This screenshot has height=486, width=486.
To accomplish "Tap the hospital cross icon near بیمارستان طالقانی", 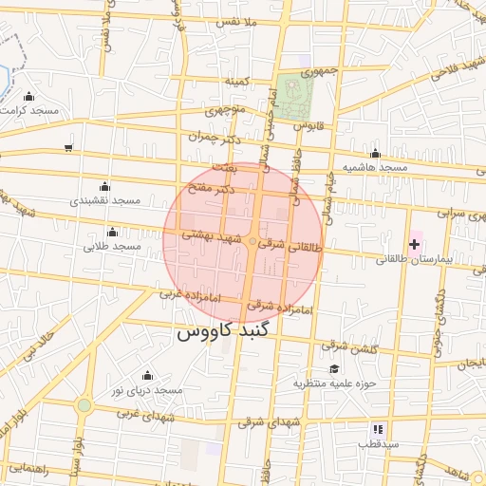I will pyautogui.click(x=414, y=245).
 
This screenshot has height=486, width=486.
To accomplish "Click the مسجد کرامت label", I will pyautogui.click(x=30, y=110).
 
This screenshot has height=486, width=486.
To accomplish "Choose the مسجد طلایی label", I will pyautogui.click(x=113, y=247).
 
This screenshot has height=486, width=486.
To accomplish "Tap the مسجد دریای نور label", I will pyautogui.click(x=143, y=391).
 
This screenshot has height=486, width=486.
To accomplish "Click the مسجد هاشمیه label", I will pyautogui.click(x=376, y=167).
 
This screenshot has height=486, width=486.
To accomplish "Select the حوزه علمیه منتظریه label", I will pyautogui.click(x=335, y=383).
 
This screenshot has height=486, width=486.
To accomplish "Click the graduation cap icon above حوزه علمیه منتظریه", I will pyautogui.click(x=333, y=368).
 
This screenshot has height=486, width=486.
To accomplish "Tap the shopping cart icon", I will pyautogui.click(x=68, y=147).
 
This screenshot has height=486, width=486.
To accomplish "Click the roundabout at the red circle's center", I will pyautogui.click(x=252, y=243).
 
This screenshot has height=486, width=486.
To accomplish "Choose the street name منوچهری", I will pyautogui.click(x=225, y=111).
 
